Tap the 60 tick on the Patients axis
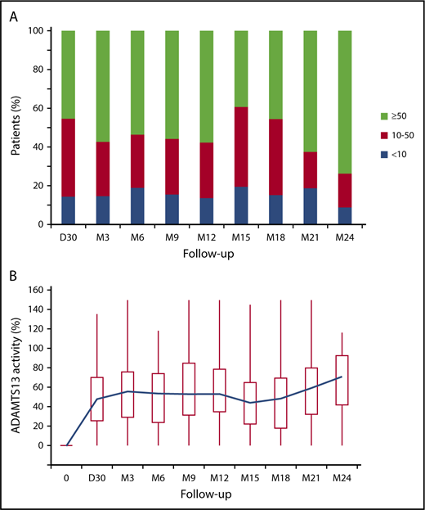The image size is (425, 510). pyautogui.click(x=42, y=108)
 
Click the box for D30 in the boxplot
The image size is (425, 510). pyautogui.click(x=96, y=399)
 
